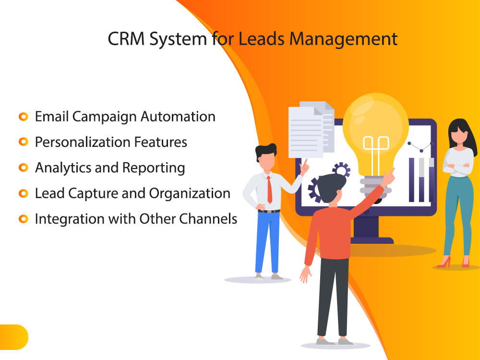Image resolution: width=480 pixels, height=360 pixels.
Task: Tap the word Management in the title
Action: (x=343, y=40)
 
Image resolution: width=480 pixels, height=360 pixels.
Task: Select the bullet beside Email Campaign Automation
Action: (x=23, y=117)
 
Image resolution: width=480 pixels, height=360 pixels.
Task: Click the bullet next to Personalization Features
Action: (x=23, y=142)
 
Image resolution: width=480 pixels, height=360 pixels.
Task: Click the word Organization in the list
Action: (x=190, y=194)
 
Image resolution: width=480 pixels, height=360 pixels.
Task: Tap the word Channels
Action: (x=208, y=219)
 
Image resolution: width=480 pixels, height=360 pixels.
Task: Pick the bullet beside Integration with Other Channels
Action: (x=23, y=219)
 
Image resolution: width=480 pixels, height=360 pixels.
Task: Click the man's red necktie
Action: (x=269, y=190)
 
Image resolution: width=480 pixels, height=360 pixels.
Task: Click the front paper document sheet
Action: (x=305, y=132)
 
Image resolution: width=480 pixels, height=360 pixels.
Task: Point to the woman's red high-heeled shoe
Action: (x=444, y=263)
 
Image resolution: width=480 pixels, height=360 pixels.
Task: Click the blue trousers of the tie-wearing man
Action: (x=267, y=242)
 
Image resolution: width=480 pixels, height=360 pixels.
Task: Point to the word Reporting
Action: (x=154, y=168)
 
